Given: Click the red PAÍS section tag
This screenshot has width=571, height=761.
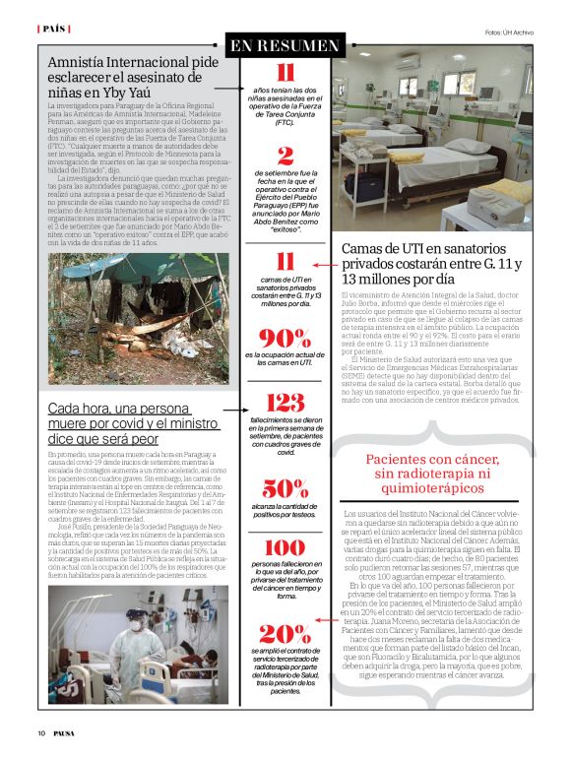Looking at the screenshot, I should pyautogui.click(x=53, y=30).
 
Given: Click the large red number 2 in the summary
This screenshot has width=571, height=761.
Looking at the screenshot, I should pyautogui.click(x=285, y=155).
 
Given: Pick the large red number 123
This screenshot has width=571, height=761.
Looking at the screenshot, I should pyautogui.click(x=285, y=402).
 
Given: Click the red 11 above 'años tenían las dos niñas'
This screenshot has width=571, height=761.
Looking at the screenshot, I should pyautogui.click(x=285, y=74).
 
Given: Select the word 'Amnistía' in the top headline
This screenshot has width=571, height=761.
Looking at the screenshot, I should pyautogui.click(x=83, y=63).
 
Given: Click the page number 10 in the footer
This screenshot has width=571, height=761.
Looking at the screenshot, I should pyautogui.click(x=42, y=732).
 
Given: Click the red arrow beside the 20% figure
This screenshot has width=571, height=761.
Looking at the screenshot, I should pyautogui.click(x=326, y=622).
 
